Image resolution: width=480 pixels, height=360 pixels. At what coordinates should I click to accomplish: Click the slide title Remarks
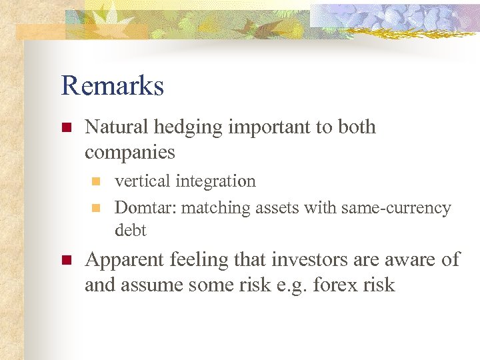tap(112, 86)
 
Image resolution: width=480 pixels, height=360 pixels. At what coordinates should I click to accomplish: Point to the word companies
tap(129, 153)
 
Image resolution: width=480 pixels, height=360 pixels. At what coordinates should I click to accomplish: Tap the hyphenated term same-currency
tap(396, 208)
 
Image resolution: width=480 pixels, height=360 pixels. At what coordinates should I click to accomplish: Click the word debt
tap(130, 231)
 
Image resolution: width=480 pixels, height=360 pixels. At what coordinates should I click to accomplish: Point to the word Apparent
tap(124, 259)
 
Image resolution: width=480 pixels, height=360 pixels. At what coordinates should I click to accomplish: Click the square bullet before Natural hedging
tap(65, 127)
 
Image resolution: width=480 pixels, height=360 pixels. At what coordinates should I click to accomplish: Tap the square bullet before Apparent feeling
tap(65, 260)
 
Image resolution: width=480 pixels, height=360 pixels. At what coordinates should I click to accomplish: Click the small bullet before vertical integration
tap(95, 181)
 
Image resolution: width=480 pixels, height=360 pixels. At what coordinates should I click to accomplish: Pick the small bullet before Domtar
tap(95, 209)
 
